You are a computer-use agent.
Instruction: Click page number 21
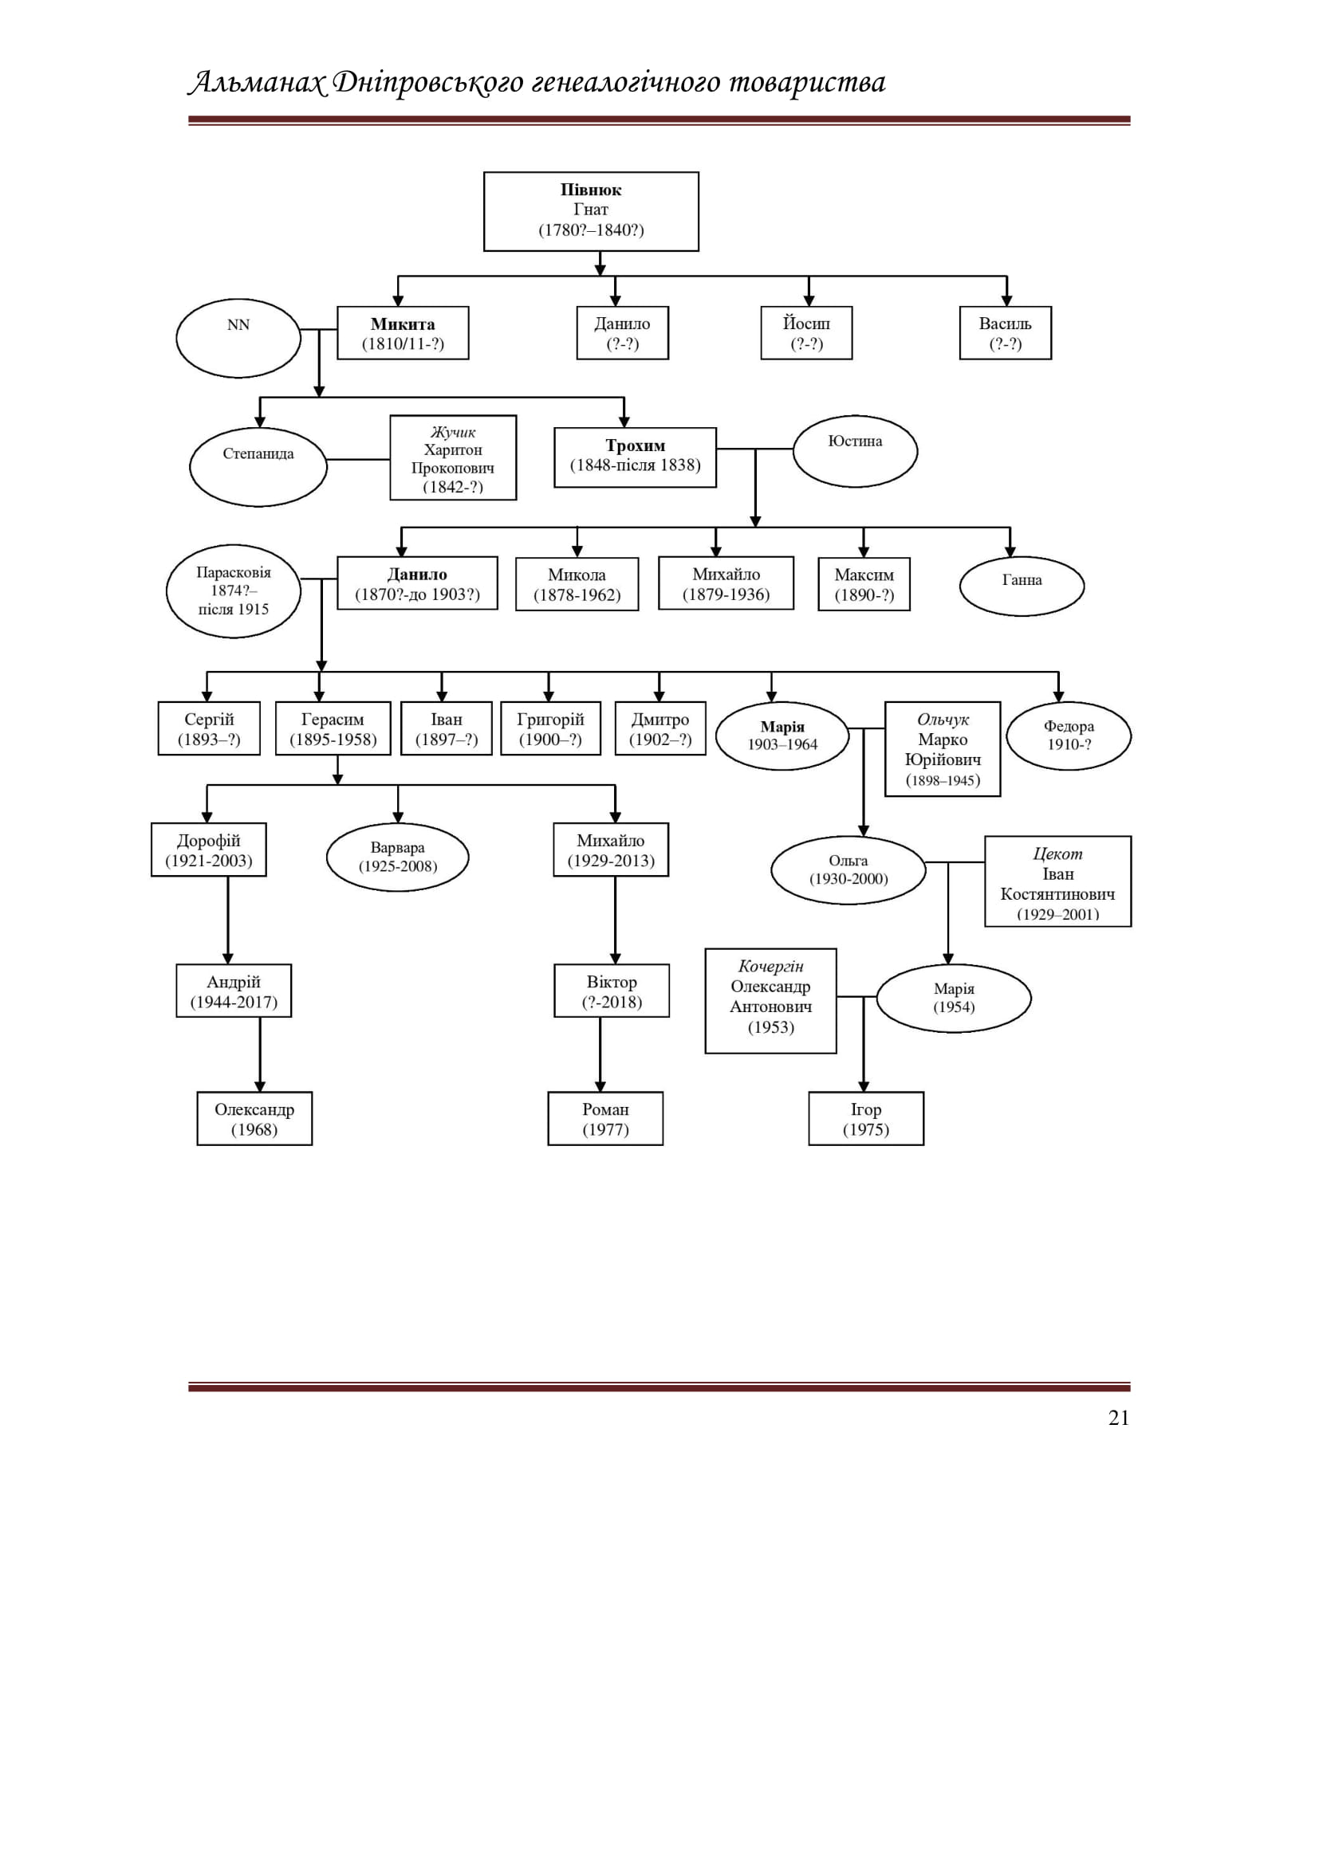[1118, 1418]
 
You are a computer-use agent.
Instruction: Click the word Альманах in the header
[258, 83]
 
